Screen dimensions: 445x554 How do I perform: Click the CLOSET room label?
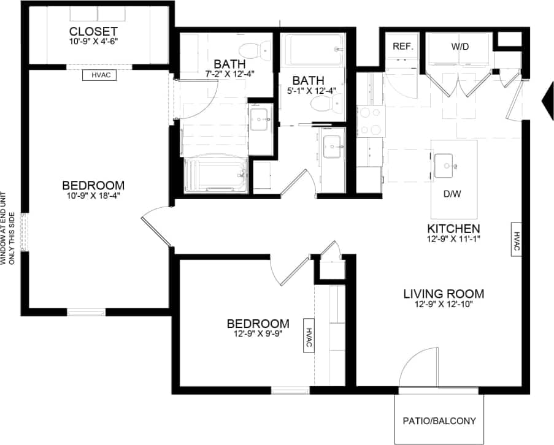pos(93,31)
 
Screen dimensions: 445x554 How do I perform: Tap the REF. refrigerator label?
pos(403,46)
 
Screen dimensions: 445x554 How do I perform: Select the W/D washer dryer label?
pos(460,46)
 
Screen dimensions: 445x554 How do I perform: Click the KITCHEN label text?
pos(455,227)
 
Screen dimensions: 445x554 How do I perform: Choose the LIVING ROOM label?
pos(444,293)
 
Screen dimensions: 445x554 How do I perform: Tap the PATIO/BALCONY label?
pos(439,421)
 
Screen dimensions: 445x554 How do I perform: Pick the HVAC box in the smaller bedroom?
pos(308,335)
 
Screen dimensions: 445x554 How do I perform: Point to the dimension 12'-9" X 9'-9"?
pos(258,335)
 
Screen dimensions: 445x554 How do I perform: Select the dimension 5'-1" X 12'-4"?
pos(314,91)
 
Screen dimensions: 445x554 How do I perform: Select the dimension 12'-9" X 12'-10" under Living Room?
pos(444,304)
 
